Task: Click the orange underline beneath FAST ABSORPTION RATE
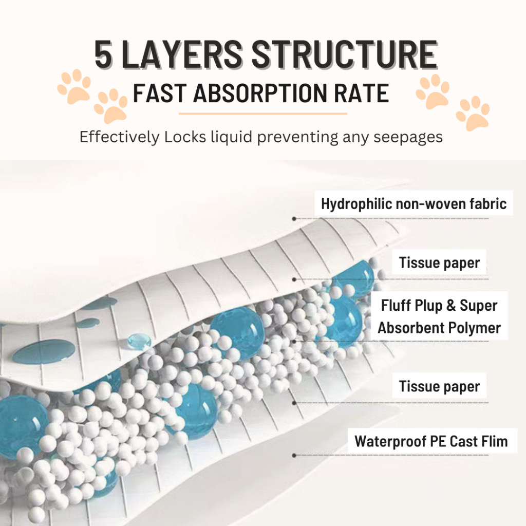(262, 114)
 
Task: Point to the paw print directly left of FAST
(111, 105)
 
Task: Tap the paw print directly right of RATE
(433, 91)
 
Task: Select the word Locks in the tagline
(185, 137)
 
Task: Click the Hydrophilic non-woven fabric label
(414, 203)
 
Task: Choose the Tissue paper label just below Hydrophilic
(439, 262)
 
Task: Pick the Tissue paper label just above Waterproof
(439, 386)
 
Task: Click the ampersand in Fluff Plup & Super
(451, 305)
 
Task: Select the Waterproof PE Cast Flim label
(431, 441)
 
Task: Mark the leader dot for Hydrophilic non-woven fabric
(294, 219)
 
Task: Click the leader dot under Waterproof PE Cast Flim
(294, 455)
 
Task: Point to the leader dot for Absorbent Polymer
(294, 342)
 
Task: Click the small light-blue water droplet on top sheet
(139, 342)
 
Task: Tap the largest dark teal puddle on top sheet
(44, 352)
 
